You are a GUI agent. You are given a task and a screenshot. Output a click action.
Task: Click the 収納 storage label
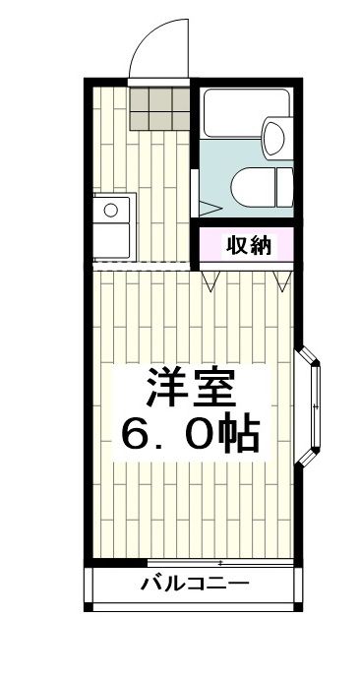point(247,245)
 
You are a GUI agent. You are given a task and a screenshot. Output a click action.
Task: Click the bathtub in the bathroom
point(234,117)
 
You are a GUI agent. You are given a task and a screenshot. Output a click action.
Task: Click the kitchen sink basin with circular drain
point(111,210)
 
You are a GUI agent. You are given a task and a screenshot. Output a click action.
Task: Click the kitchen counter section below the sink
point(110,241)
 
